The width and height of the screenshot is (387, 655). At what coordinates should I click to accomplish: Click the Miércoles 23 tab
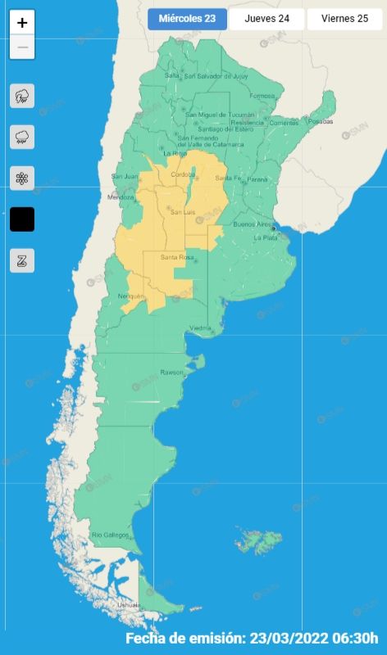(188, 19)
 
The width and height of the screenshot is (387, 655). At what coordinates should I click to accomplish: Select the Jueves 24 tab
(266, 19)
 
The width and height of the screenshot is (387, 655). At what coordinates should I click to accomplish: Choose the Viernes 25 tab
(344, 19)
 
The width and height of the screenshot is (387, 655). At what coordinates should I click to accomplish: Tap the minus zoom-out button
(22, 47)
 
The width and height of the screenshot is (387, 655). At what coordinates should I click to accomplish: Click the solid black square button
(22, 219)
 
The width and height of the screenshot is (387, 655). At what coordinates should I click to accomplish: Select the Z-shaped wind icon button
(22, 260)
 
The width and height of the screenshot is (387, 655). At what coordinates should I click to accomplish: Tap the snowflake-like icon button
(22, 178)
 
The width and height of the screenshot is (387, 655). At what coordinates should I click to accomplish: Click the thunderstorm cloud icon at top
(22, 96)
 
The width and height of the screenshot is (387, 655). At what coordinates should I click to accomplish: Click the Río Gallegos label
(110, 535)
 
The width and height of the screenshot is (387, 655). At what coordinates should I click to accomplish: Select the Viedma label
(201, 328)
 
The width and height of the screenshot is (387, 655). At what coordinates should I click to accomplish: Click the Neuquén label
(131, 296)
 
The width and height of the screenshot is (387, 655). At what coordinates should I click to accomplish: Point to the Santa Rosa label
(176, 259)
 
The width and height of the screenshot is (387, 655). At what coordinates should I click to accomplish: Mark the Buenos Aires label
(253, 224)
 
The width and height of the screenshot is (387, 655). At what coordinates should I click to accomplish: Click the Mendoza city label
(120, 197)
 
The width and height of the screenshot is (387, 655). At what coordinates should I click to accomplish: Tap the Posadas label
(321, 121)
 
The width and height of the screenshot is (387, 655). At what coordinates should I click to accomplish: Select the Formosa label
(262, 96)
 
